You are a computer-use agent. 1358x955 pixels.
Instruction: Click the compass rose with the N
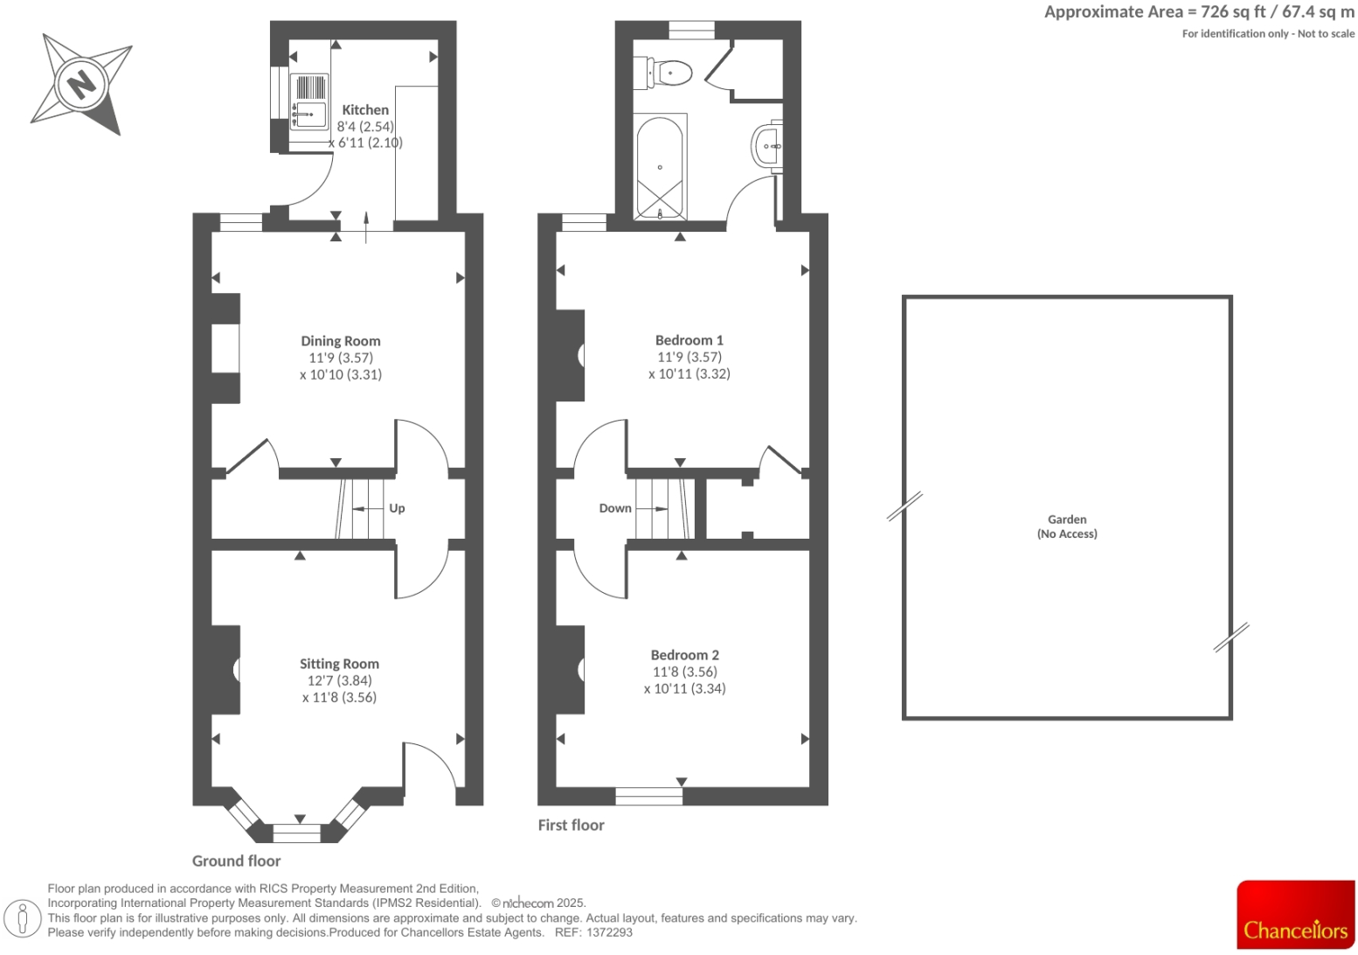point(80,84)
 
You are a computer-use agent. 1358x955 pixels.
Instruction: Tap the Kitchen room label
point(365,110)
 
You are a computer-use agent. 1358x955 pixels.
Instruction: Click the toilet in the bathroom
point(670,73)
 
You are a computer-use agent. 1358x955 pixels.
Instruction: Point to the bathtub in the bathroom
point(660,167)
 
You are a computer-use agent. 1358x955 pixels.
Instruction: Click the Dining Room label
point(340,341)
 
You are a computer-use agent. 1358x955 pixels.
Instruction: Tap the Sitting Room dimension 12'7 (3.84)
point(339,680)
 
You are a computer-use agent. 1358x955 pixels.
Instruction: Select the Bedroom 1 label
point(689,340)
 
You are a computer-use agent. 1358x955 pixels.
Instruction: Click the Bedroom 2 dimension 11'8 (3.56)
point(684,672)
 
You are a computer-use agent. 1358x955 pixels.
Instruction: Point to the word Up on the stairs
point(397,508)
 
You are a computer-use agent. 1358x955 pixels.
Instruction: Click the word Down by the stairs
point(615,508)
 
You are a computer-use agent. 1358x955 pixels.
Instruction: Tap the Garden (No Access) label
point(1067,526)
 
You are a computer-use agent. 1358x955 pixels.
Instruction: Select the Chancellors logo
point(1295,915)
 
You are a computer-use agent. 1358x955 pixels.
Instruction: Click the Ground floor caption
point(236,861)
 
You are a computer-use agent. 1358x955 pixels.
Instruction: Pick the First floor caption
point(571,825)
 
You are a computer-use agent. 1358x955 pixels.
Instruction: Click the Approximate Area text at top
point(1199,12)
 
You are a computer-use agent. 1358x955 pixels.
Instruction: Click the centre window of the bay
point(297,833)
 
